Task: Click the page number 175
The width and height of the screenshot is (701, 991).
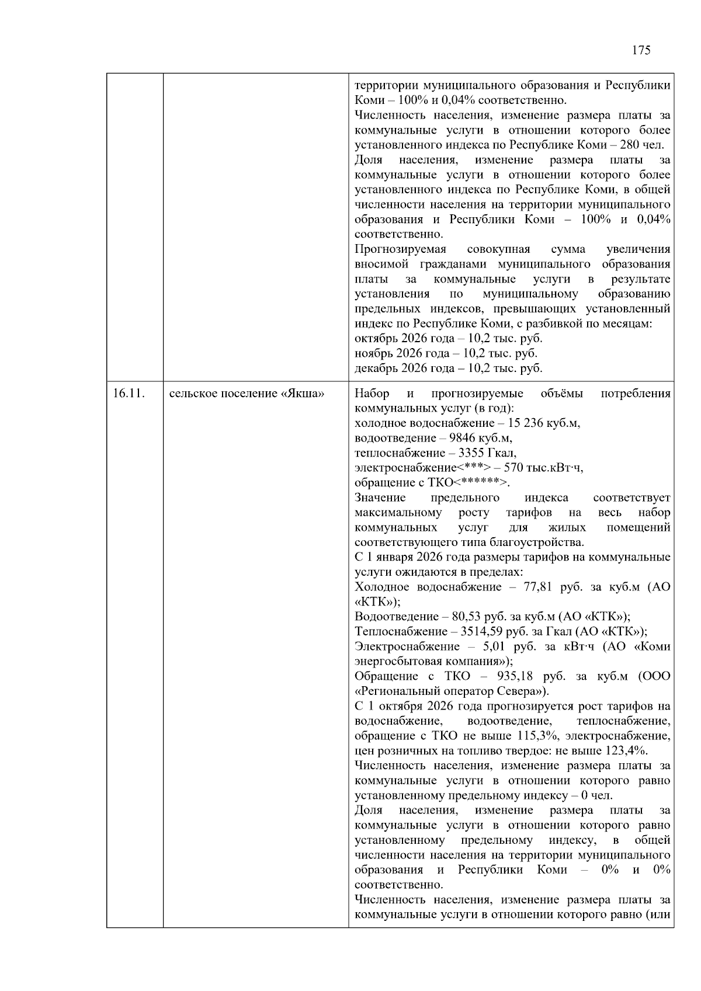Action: pyautogui.click(x=641, y=50)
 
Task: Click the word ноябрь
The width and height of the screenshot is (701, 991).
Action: pyautogui.click(x=373, y=353)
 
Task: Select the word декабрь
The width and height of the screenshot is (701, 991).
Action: pyautogui.click(x=375, y=368)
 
